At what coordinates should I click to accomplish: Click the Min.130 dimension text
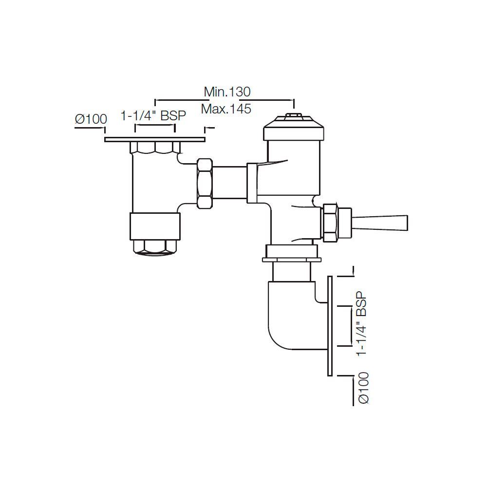click(x=226, y=92)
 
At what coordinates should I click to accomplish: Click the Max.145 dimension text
click(x=226, y=109)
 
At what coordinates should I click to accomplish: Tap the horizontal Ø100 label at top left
click(x=91, y=119)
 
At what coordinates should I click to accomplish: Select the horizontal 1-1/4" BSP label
click(x=153, y=116)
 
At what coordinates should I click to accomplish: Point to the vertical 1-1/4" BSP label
click(x=361, y=324)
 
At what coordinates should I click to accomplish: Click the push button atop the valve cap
click(x=293, y=117)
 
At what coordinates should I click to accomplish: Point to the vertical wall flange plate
click(x=330, y=325)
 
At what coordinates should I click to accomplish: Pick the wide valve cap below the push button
click(x=293, y=131)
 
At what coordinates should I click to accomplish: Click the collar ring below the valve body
click(x=290, y=253)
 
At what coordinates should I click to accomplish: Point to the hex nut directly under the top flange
click(x=155, y=148)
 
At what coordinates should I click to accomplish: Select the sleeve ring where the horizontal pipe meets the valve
click(x=252, y=183)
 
